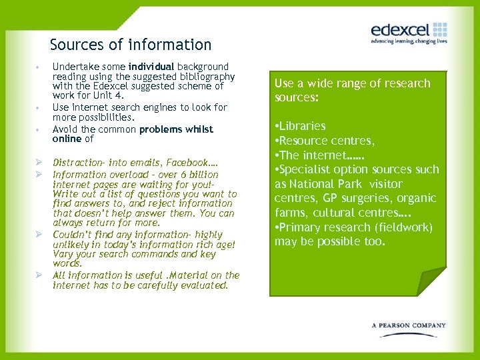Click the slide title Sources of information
pos(131,45)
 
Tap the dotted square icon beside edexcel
pos(439,29)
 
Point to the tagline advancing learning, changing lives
pos(409,41)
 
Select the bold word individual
pos(151,67)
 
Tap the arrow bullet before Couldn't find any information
pos(39,235)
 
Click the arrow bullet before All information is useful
pos(39,275)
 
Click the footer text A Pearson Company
pos(409,325)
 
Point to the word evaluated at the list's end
pos(203,285)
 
